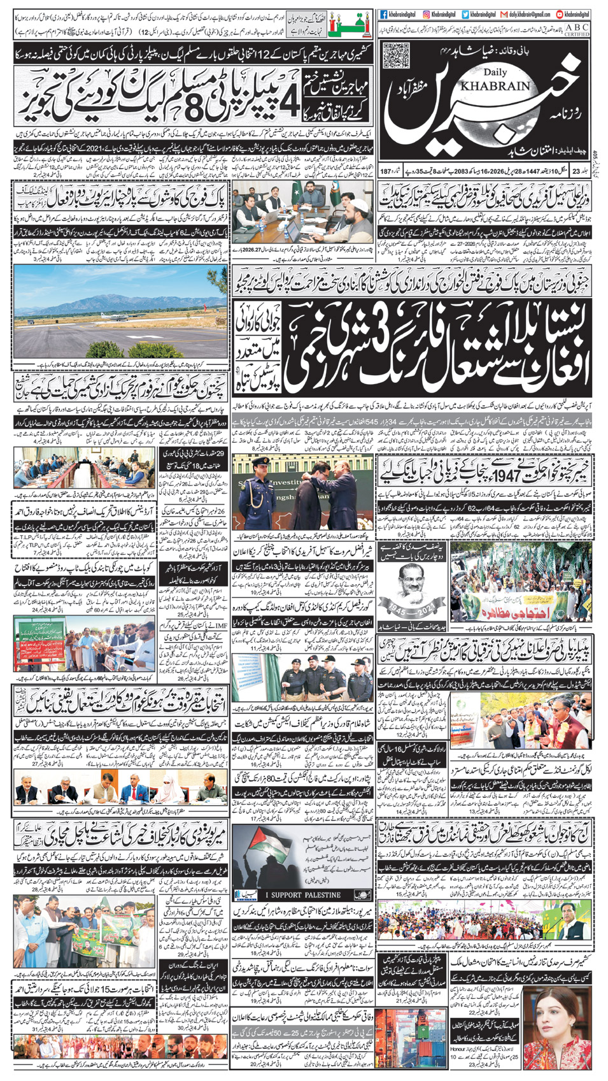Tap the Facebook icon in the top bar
384,14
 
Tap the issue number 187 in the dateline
386,171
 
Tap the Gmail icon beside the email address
504,14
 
